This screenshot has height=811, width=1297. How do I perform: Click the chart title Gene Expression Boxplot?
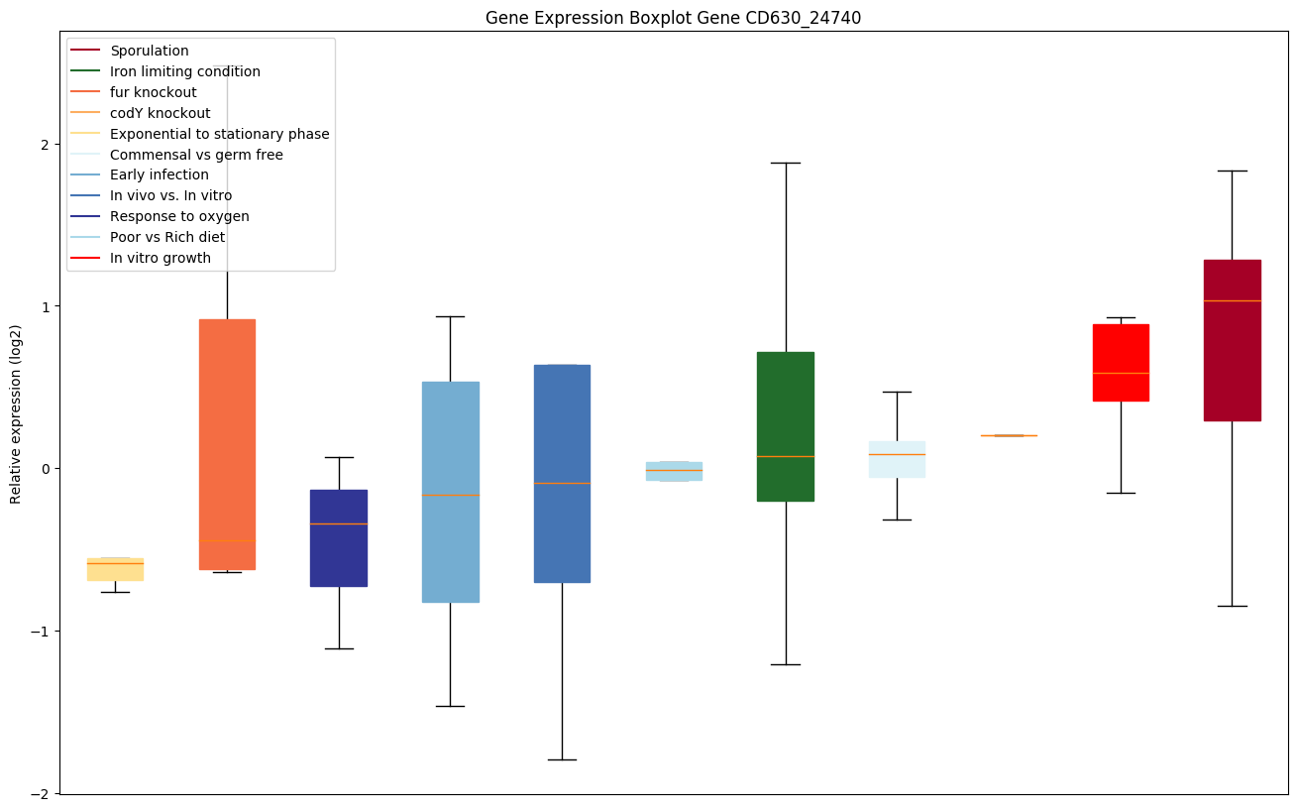[x=673, y=18]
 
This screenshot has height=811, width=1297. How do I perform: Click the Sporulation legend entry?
[x=150, y=51]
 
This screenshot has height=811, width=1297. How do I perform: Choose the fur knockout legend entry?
[x=154, y=92]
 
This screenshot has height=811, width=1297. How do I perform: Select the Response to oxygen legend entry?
[x=179, y=216]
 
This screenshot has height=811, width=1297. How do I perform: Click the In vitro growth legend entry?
[x=161, y=258]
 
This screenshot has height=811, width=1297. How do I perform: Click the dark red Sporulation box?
[x=1232, y=340]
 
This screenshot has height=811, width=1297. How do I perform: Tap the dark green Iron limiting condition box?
[x=785, y=426]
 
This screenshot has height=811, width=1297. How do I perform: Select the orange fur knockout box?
[x=227, y=444]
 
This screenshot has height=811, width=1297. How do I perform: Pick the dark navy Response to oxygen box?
[x=339, y=538]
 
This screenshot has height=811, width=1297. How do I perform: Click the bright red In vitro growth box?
[x=1121, y=362]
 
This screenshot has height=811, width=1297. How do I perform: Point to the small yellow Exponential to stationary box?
[x=115, y=569]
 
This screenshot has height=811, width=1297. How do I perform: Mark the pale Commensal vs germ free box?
[x=897, y=459]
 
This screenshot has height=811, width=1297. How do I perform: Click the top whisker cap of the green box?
[x=785, y=163]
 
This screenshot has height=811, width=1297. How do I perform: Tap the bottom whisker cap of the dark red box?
[x=1232, y=606]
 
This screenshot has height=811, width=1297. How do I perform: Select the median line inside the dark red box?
[x=1232, y=300]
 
